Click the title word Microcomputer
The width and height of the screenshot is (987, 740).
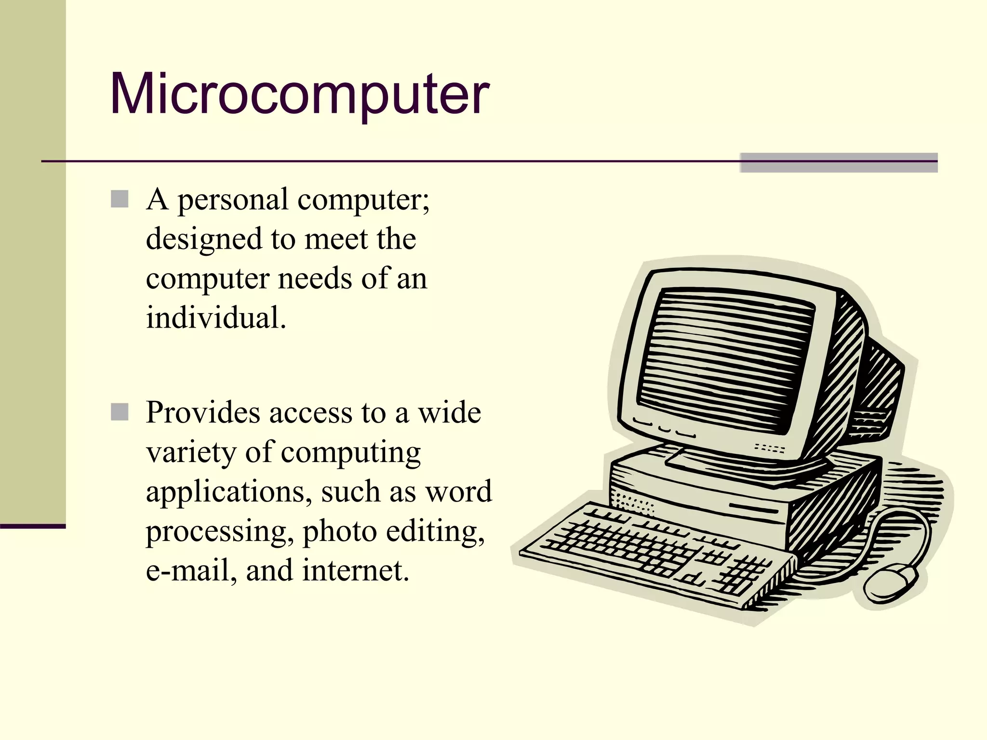[299, 94]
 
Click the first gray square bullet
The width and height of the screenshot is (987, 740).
[120, 199]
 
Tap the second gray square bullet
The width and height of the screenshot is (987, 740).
[120, 412]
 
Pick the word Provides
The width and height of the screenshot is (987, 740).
[202, 413]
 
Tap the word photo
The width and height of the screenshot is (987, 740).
[339, 532]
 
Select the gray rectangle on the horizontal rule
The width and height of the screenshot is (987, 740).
[839, 162]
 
